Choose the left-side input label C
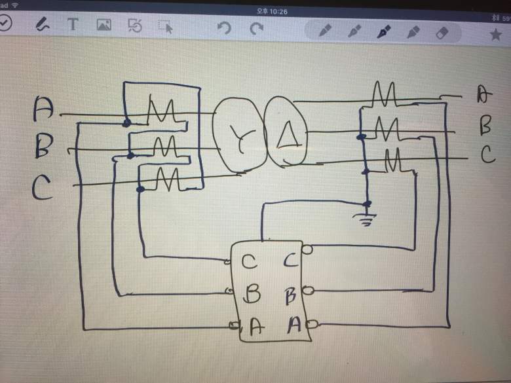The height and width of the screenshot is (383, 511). tap(42, 189)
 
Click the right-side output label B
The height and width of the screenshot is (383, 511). tap(485, 124)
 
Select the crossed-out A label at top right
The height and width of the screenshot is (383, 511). tap(483, 95)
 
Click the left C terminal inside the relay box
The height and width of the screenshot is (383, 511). tap(249, 262)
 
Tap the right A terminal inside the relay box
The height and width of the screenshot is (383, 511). tap(294, 324)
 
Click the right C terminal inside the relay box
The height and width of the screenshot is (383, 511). tap(292, 261)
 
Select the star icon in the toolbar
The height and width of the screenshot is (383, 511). tap(495, 34)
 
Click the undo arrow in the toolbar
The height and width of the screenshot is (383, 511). tap(224, 28)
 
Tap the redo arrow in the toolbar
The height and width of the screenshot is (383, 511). tap(257, 28)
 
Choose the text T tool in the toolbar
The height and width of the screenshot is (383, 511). tap(73, 25)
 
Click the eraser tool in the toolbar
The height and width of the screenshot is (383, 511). tap(442, 31)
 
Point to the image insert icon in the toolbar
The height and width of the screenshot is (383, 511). tap(104, 26)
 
